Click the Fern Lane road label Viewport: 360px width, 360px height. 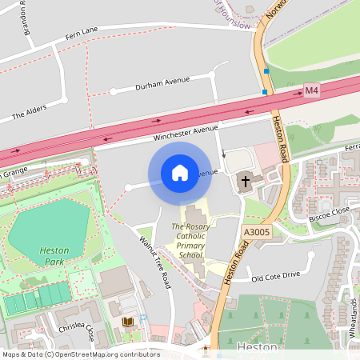81,30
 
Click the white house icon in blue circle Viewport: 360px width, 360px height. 179,172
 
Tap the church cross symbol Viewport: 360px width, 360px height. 245,182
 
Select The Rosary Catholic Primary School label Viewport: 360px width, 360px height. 191,241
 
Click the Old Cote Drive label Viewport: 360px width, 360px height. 275,276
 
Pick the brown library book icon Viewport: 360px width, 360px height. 127,322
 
